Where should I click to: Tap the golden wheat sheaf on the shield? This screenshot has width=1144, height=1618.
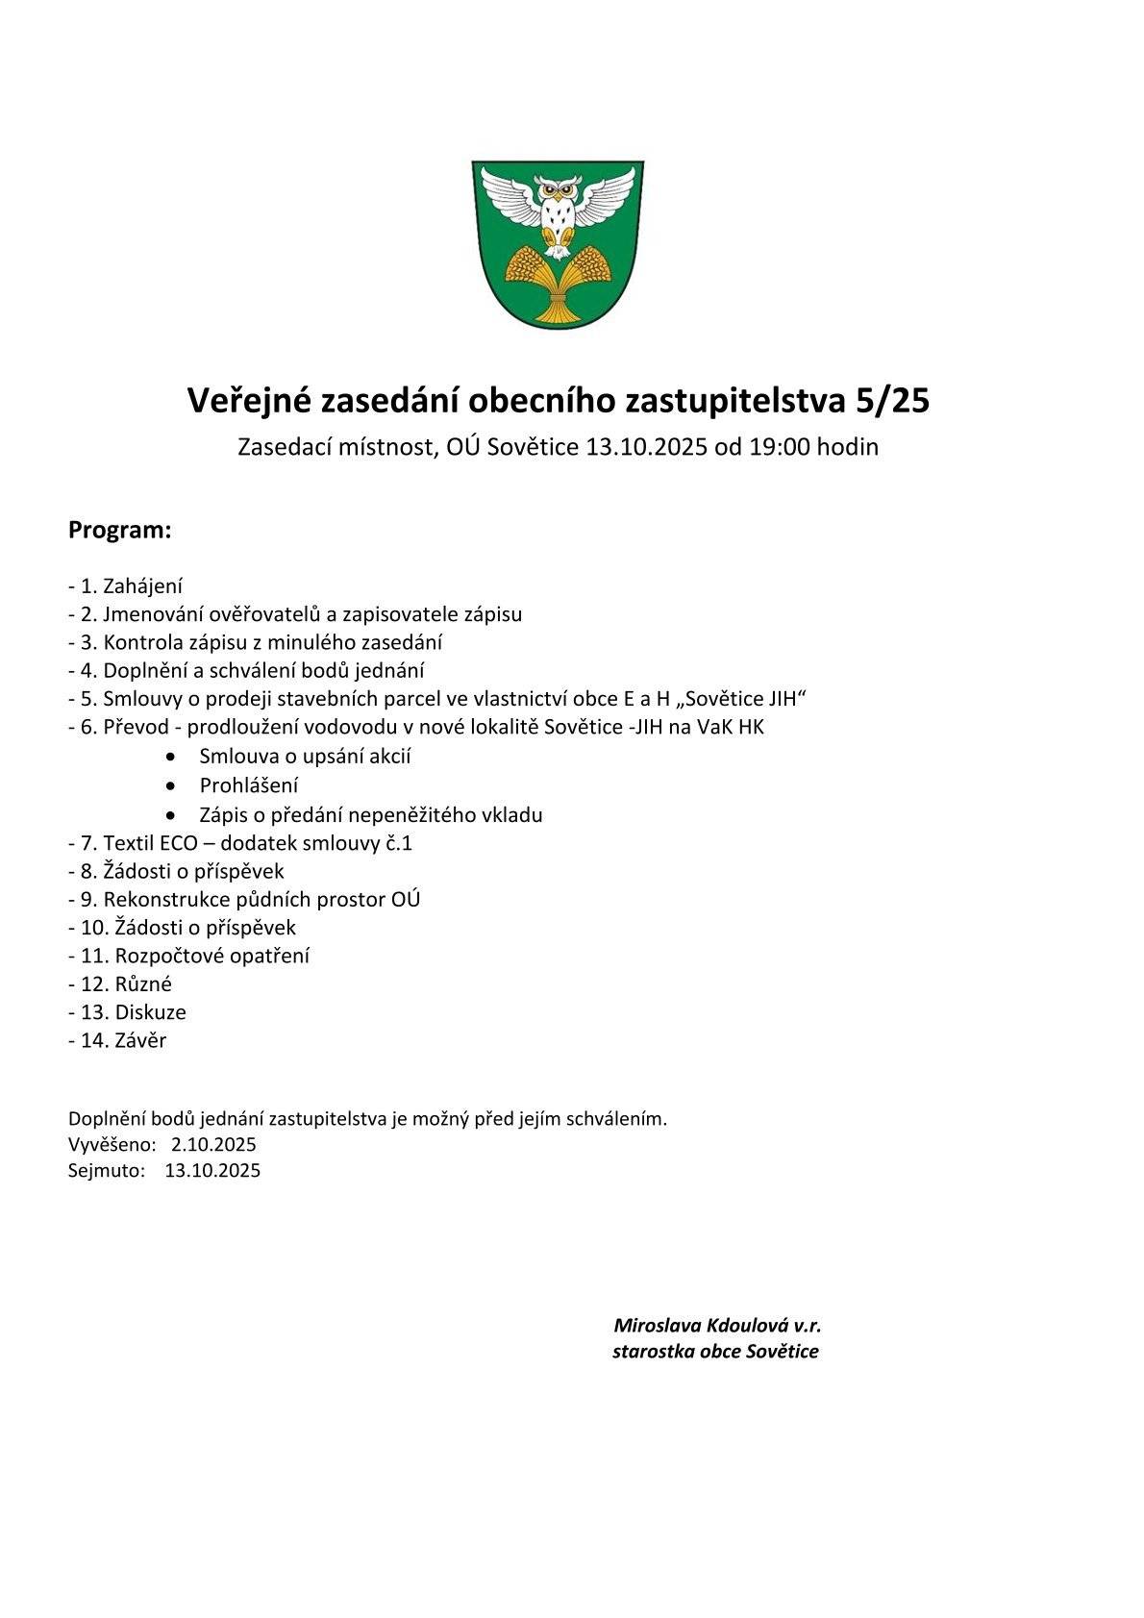[557, 279]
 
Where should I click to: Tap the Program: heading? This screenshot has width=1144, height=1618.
[119, 530]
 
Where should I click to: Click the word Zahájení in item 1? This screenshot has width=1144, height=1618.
[143, 586]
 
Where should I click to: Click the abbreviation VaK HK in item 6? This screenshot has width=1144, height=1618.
[731, 727]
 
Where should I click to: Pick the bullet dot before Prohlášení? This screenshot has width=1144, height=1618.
[172, 785]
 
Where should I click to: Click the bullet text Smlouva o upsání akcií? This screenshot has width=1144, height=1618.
[305, 757]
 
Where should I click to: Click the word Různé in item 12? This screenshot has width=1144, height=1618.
[143, 984]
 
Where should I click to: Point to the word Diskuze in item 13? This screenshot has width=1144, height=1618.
[150, 1012]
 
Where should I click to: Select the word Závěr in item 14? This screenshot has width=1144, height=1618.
[140, 1040]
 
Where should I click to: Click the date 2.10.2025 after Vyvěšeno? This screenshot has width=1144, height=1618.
[213, 1144]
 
